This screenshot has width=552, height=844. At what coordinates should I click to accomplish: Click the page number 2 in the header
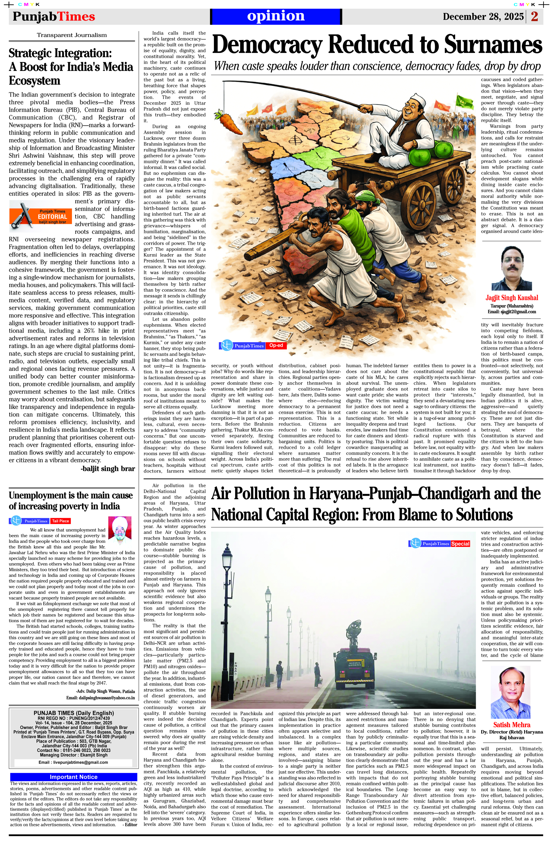click(534, 16)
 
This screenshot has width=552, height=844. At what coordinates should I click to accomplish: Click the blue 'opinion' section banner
click(276, 16)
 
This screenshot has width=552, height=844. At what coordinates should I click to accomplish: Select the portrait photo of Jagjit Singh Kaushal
click(511, 268)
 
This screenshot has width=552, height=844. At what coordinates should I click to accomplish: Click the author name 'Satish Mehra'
click(511, 725)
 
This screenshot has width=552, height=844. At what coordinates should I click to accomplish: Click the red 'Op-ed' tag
click(276, 345)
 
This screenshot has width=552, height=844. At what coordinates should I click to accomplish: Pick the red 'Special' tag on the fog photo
click(460, 544)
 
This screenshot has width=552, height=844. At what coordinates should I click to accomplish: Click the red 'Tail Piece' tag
click(60, 521)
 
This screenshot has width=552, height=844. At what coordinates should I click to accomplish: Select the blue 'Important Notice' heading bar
click(73, 777)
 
